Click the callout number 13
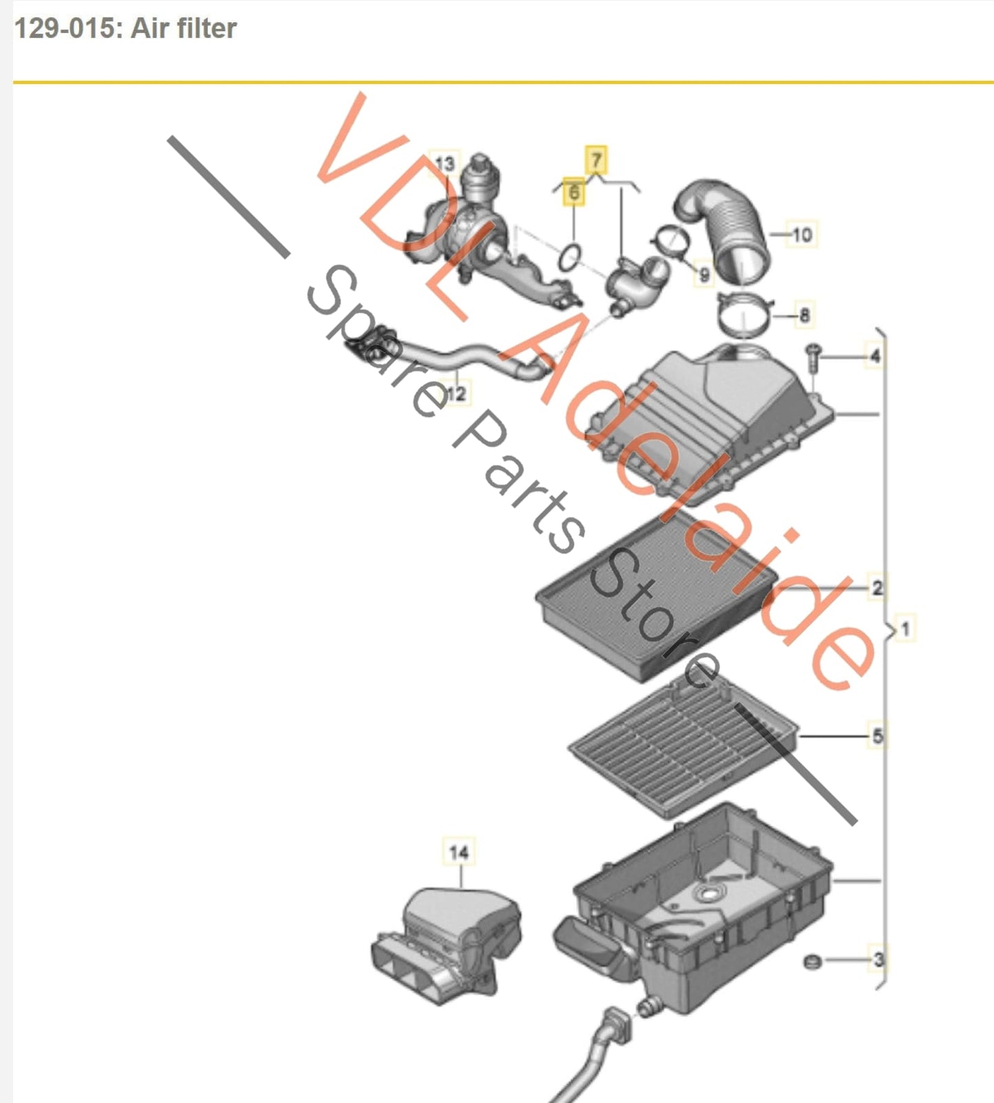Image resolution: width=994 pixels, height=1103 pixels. (x=445, y=164)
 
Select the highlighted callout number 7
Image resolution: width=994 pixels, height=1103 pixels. (x=596, y=160)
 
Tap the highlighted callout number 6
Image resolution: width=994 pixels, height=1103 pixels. (x=573, y=192)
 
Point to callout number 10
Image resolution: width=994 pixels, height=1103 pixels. (x=802, y=234)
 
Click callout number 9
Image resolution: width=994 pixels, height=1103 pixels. (x=704, y=275)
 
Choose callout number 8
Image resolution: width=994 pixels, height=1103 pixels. (x=804, y=316)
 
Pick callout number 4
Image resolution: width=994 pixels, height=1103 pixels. (x=875, y=356)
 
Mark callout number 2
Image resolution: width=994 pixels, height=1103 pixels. (x=877, y=588)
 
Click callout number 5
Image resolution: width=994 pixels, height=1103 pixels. (x=877, y=736)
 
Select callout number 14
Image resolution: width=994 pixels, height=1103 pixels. (x=459, y=853)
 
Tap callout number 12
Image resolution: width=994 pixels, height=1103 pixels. (x=456, y=394)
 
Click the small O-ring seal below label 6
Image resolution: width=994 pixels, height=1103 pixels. (x=570, y=257)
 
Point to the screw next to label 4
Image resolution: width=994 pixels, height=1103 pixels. (x=814, y=358)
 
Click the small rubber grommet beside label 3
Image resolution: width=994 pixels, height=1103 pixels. (x=812, y=961)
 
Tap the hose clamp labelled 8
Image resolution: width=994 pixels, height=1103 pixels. (x=745, y=315)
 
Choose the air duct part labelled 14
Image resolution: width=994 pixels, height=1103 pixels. (x=446, y=946)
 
